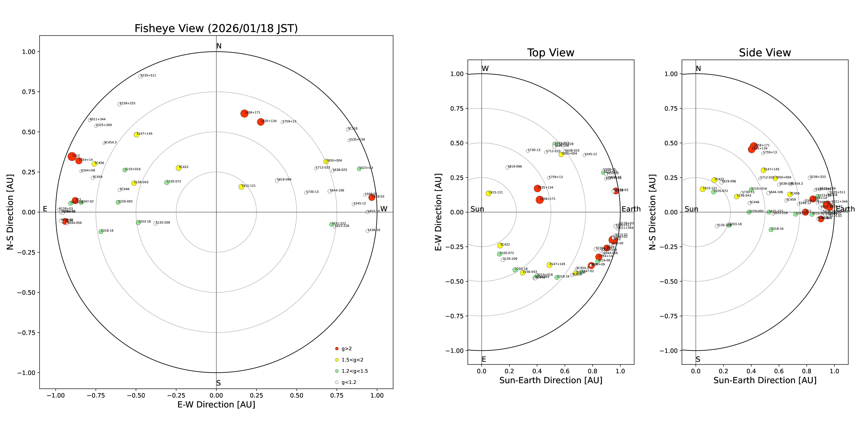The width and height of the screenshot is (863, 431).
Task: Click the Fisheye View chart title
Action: (216, 28)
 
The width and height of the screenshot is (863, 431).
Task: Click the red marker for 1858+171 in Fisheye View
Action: (244, 113)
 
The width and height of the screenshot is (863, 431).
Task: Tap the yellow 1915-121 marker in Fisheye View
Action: (241, 187)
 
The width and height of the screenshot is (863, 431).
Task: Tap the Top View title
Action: (550, 53)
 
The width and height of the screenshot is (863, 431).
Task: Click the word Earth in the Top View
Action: (631, 209)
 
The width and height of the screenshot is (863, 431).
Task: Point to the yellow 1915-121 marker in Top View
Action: (488, 193)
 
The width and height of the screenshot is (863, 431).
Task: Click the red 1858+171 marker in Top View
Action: (539, 200)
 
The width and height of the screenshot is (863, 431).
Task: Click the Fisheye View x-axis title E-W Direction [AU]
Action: (216, 405)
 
